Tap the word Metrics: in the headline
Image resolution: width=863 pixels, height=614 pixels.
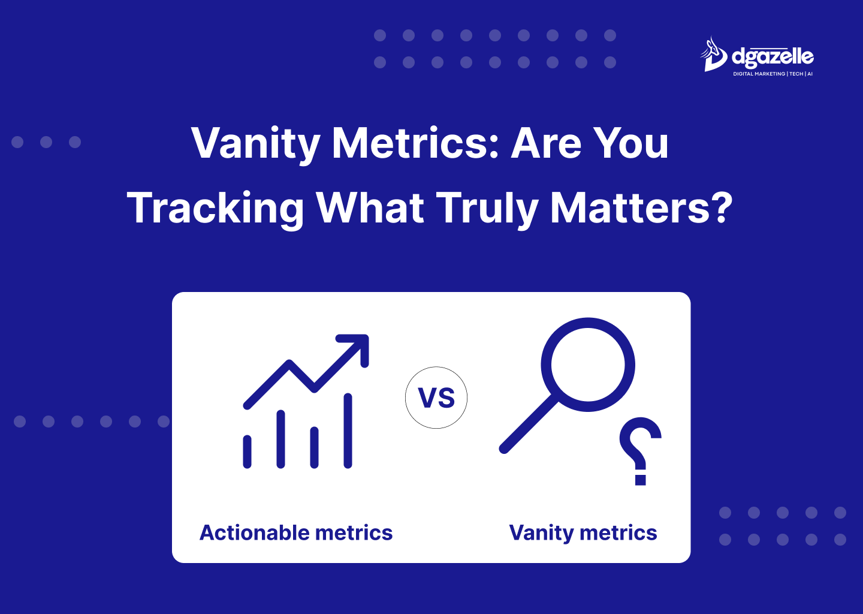pos(415,142)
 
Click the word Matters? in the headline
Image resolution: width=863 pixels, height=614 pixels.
pos(641,207)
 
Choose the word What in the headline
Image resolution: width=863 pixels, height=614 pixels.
pos(370,207)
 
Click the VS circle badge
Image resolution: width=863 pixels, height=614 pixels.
pos(436,398)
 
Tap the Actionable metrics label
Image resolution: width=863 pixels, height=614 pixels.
pos(296,532)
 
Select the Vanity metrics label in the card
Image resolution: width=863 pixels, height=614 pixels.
pos(583,534)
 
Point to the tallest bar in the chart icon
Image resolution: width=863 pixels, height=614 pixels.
pos(348,431)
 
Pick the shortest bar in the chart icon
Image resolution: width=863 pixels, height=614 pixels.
pos(248,452)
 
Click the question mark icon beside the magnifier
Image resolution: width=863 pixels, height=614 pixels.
pos(640,451)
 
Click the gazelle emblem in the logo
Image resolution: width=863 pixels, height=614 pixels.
pos(713,55)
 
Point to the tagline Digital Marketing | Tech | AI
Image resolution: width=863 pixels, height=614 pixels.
pos(773,74)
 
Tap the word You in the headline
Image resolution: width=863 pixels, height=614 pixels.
pos(630,142)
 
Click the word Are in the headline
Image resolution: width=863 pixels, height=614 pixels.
pos(546,142)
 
